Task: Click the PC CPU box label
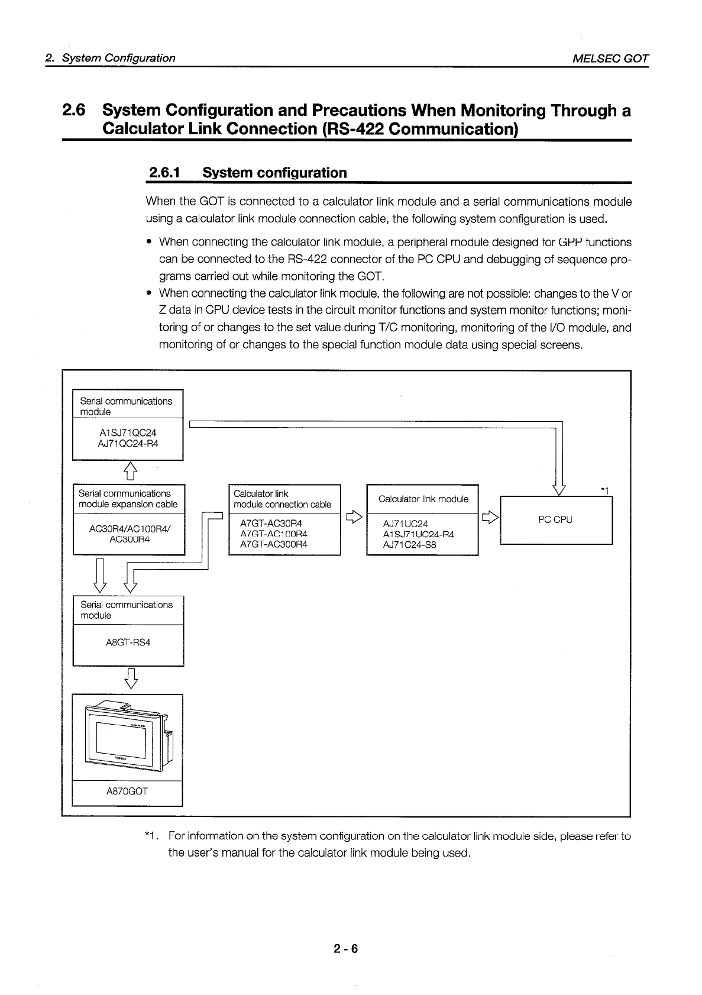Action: coord(555,520)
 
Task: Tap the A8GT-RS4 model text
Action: coord(127,642)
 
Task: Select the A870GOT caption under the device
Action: coord(127,791)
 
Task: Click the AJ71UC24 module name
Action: coord(406,524)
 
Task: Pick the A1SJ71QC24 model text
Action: coord(128,433)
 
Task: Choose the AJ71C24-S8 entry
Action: coord(410,545)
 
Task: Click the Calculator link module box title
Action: coord(423,499)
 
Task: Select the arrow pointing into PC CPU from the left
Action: coord(490,518)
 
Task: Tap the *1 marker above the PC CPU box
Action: coord(604,490)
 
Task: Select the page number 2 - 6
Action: coord(346,949)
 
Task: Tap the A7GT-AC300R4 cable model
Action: coord(274,545)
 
